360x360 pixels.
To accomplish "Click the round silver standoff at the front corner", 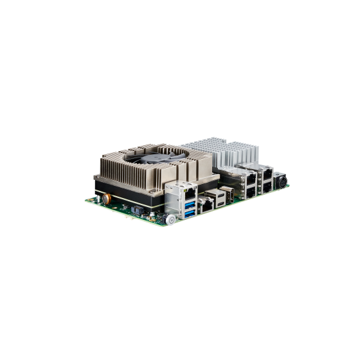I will (170, 220).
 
